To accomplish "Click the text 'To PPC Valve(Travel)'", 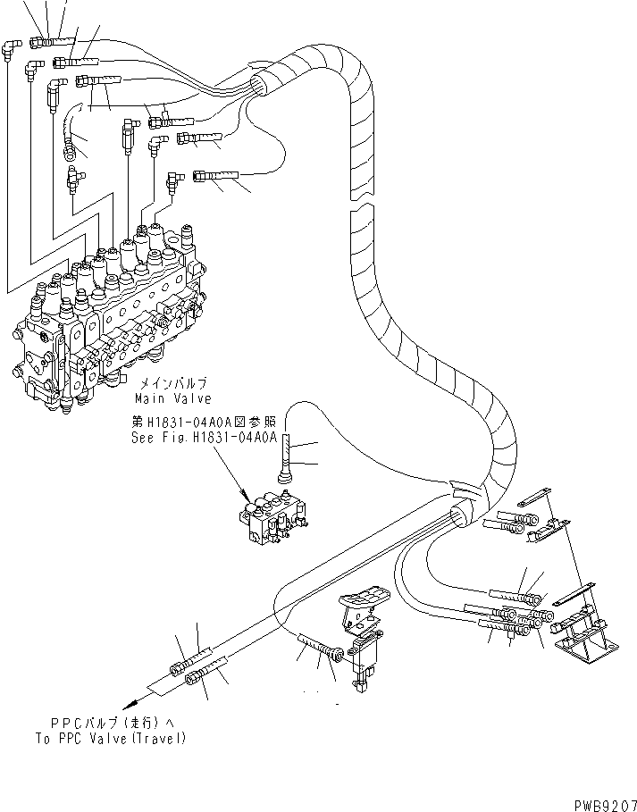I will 110,738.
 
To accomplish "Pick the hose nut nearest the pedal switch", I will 335,657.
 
